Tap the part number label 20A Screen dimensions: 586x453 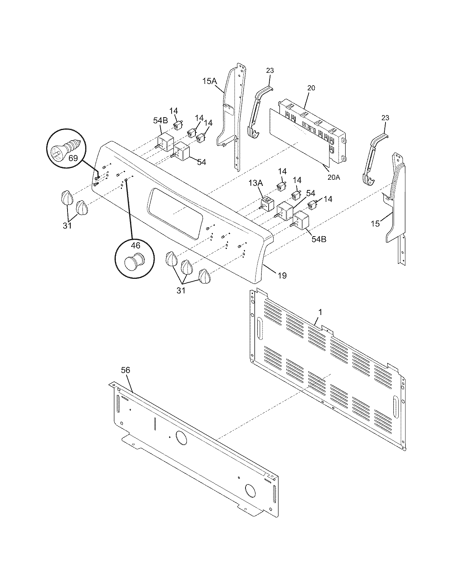[334, 177]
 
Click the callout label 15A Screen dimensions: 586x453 [209, 81]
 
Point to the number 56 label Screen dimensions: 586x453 [125, 370]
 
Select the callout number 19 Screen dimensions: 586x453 [282, 275]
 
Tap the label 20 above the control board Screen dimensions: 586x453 [311, 88]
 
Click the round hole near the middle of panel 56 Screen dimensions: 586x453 [181, 439]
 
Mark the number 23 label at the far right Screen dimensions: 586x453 [385, 118]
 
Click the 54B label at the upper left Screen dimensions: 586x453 [160, 120]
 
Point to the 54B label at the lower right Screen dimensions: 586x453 [318, 239]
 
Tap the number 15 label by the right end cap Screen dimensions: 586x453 [375, 223]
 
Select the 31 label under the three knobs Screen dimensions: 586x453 [181, 291]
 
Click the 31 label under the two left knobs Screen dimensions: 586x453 [67, 225]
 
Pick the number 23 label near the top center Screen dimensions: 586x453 [270, 70]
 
